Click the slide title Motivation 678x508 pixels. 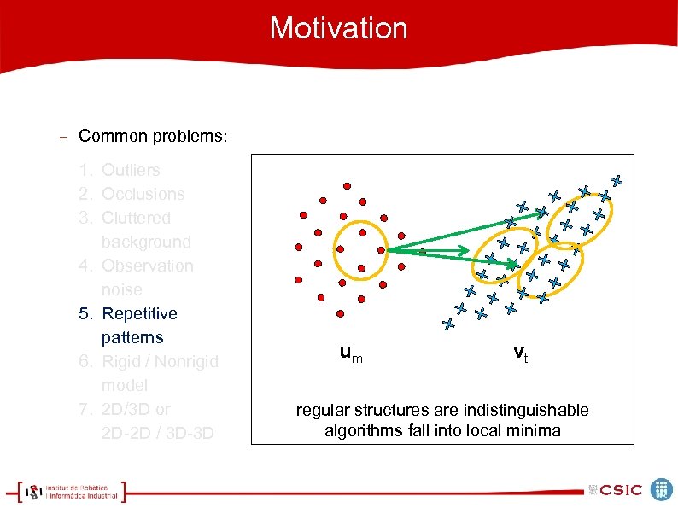339,28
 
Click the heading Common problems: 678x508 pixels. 153,137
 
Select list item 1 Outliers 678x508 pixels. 130,171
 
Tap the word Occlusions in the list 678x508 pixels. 143,195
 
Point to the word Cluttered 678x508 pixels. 136,219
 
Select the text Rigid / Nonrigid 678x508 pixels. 160,362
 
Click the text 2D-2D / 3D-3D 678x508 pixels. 157,433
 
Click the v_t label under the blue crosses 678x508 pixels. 520,353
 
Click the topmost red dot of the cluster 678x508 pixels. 347,185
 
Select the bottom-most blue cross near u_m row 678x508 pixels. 448,324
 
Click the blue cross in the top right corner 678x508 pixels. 616,181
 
